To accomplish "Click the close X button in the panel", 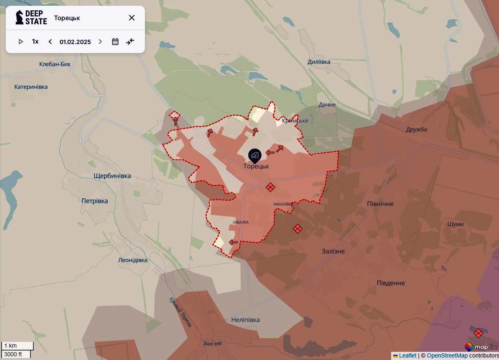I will [x=132, y=18].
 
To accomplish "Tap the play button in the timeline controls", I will [x=21, y=42].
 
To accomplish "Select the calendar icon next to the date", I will [x=115, y=42].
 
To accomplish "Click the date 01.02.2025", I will [x=75, y=42].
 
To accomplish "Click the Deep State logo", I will [x=31, y=18].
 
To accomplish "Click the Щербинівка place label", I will [x=112, y=176].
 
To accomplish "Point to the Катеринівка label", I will [x=31, y=87].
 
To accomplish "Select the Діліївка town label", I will [x=319, y=62].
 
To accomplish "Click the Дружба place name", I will [x=416, y=130].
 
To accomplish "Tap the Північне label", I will [x=380, y=204].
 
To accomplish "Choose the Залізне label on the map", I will [x=333, y=251].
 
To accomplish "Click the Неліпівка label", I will [x=245, y=320].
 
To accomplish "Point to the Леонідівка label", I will [x=133, y=260].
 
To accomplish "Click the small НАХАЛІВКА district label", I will [x=283, y=204].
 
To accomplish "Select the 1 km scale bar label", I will [x=11, y=346].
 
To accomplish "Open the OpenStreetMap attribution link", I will [x=447, y=355].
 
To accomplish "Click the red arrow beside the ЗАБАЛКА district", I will [x=233, y=242].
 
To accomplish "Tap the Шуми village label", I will [x=455, y=224].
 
